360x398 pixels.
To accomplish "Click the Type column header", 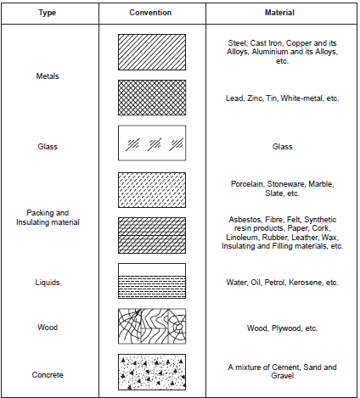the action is point(48,13).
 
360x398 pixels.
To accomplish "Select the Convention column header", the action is point(150,13).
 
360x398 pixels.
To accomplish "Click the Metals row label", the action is point(48,76).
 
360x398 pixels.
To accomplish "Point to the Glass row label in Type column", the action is point(48,146).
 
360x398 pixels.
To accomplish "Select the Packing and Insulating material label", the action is point(48,216).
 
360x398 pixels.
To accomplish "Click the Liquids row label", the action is point(48,281).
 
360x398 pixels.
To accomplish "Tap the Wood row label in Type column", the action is point(48,327).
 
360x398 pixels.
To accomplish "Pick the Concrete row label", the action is point(48,373).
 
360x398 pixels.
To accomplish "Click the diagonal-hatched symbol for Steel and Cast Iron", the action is point(150,52).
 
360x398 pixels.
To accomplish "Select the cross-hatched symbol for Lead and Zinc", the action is point(150,98).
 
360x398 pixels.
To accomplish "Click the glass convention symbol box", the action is point(150,145).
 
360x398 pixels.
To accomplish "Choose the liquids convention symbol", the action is point(150,281).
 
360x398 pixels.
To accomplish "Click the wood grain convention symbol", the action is point(150,327).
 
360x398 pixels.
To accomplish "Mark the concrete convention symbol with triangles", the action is point(150,372).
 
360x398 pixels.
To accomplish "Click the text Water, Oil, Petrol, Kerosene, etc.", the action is point(282,281).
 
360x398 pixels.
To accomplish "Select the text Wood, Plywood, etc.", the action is point(282,327).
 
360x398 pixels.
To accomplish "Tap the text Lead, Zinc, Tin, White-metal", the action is point(282,98).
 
